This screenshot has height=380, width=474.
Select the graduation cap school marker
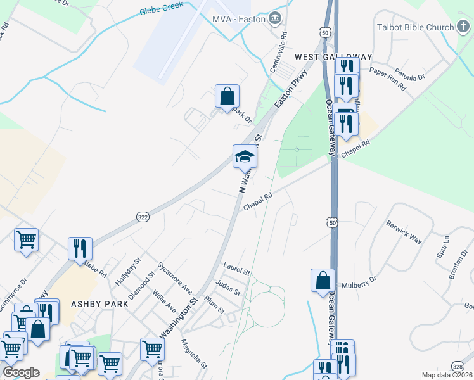(245, 156)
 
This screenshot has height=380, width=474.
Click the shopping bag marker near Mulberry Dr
(323, 280)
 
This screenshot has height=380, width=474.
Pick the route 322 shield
(143, 217)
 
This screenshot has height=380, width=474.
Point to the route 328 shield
(458, 365)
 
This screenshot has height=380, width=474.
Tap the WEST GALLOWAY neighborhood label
(333, 57)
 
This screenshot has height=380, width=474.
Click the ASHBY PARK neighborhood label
(99, 304)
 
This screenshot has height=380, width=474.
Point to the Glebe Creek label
(162, 8)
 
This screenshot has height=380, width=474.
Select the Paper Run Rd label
(387, 79)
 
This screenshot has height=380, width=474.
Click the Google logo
(21, 372)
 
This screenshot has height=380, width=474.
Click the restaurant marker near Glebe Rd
(80, 248)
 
